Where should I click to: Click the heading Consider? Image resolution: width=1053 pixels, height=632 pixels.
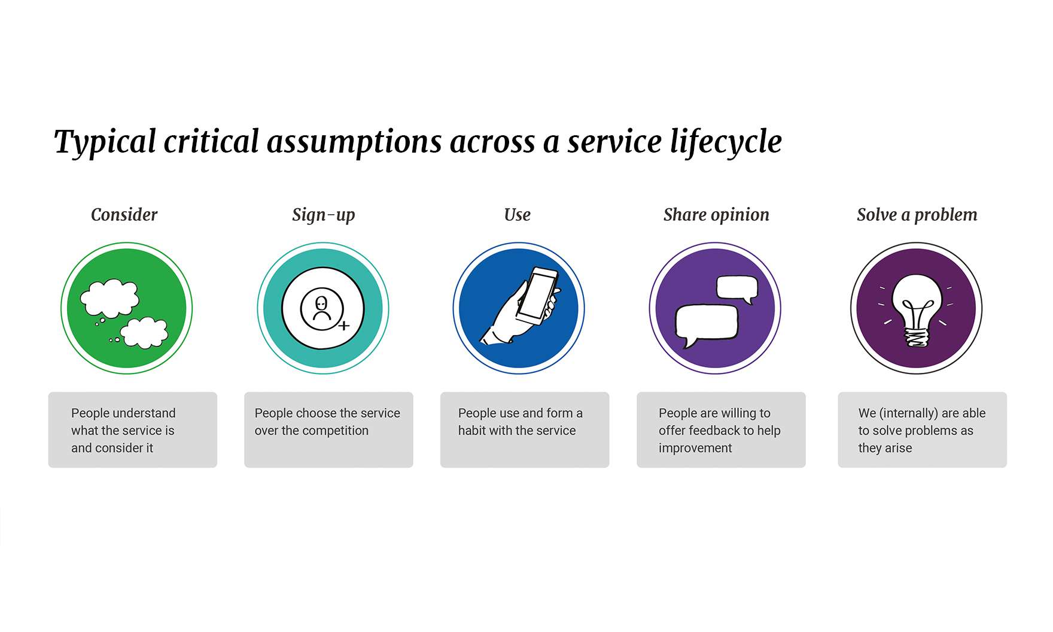point(124,215)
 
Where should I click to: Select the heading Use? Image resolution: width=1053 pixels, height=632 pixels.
point(518,215)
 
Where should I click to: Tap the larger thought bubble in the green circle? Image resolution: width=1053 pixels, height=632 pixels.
point(110,298)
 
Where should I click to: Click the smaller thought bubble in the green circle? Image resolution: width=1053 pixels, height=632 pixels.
point(144,333)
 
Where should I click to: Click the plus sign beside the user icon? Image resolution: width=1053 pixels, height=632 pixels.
point(344,326)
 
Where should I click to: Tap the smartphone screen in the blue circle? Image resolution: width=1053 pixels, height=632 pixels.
point(537,294)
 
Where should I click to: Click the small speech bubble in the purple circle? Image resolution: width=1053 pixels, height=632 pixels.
point(737,288)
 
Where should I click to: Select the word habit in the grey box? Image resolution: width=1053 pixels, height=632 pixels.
point(472,430)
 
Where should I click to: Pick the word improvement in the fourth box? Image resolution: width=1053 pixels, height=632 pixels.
point(695,448)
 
